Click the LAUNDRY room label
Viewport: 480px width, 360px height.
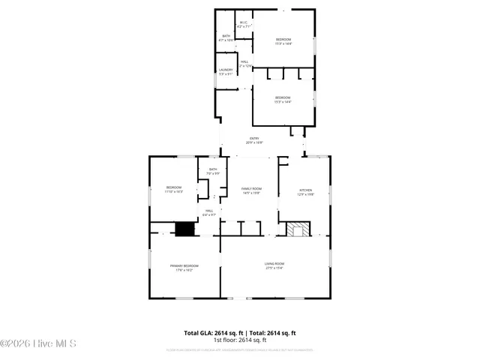click(226, 70)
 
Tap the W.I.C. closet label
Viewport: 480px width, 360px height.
click(244, 22)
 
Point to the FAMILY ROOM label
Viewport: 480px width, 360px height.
click(251, 188)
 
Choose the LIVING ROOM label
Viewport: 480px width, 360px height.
click(274, 263)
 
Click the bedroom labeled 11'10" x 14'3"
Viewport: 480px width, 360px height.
click(174, 189)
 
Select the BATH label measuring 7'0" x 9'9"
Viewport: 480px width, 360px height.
click(213, 172)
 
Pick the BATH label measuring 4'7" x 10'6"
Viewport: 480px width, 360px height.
click(226, 37)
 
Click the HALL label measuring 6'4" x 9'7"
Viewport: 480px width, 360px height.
click(209, 212)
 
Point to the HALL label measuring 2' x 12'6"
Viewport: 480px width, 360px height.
click(244, 64)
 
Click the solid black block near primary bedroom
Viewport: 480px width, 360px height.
click(184, 230)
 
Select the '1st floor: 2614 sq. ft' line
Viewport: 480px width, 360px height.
click(240, 340)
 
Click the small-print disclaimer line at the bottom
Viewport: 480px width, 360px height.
click(240, 349)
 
